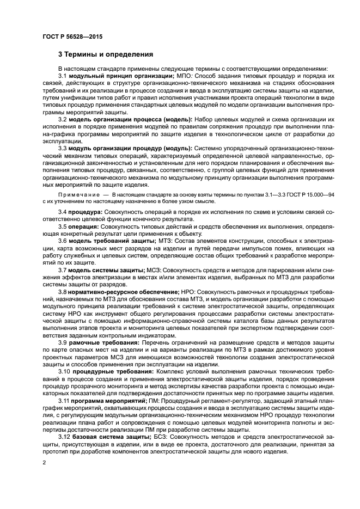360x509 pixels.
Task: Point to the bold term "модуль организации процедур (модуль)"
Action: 130,148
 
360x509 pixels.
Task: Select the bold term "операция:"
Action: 84,225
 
